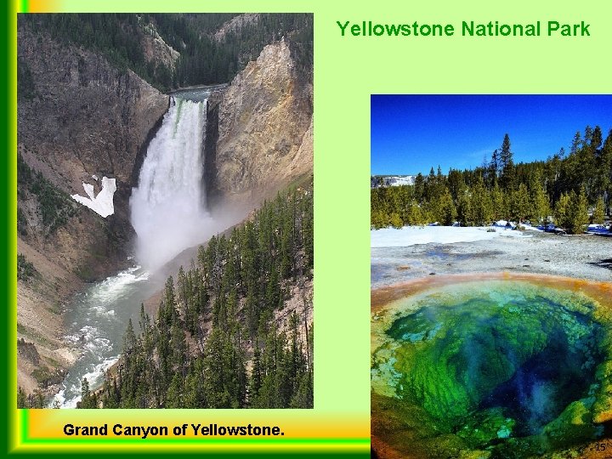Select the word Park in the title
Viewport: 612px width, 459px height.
[x=569, y=29]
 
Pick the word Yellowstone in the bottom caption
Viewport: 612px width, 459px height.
[x=239, y=430]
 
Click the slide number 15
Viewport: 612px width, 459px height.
[x=600, y=447]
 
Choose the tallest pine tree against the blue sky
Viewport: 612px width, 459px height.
[x=506, y=157]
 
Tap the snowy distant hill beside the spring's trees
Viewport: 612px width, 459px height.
[x=393, y=180]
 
